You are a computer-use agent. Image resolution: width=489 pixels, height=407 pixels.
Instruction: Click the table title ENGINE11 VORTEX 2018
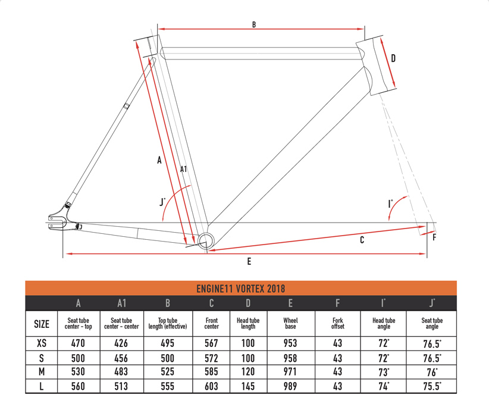click(x=240, y=289)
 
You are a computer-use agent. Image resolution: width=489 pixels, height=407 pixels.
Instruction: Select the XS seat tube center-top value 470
click(x=78, y=343)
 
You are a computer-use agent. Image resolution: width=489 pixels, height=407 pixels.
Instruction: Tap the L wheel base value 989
click(x=290, y=386)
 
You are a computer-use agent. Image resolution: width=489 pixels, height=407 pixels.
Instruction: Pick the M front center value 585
click(x=211, y=372)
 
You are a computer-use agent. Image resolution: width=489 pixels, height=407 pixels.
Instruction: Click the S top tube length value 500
click(x=167, y=358)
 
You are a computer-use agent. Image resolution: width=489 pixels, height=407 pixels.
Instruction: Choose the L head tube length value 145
click(x=248, y=386)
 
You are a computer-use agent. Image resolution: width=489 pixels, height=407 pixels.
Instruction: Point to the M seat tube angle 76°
click(x=432, y=372)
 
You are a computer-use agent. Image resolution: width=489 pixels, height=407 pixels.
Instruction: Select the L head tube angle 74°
click(x=384, y=386)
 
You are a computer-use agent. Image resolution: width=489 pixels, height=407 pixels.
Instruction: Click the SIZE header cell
click(x=42, y=324)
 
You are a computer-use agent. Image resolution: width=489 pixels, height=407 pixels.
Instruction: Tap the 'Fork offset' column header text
click(x=337, y=324)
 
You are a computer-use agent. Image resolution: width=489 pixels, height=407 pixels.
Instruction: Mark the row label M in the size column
click(x=42, y=372)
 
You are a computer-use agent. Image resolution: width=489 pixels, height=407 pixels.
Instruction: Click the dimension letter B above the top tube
click(x=254, y=25)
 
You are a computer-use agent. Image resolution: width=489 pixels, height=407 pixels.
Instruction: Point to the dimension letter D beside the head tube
click(x=394, y=58)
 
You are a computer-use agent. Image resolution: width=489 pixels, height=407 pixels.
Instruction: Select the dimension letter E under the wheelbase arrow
click(x=249, y=262)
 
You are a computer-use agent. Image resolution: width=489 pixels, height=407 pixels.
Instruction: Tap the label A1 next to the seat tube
click(x=184, y=170)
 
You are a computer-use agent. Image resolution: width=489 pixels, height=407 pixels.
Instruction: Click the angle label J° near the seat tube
click(x=162, y=202)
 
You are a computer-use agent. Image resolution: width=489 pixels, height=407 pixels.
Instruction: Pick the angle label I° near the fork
click(x=391, y=204)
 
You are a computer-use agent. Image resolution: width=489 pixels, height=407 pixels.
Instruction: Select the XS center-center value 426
click(x=121, y=343)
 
